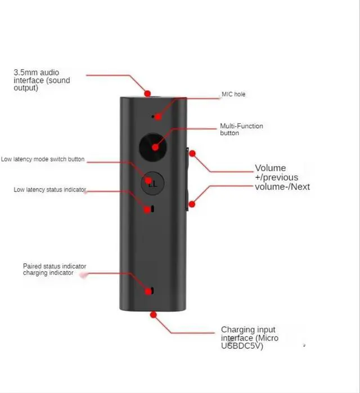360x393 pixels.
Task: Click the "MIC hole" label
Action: (233, 94)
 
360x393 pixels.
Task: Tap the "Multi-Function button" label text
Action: (241, 129)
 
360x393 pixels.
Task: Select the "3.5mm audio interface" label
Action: (36, 77)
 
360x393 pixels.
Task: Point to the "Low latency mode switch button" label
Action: (43, 159)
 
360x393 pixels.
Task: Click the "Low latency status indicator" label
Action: (49, 190)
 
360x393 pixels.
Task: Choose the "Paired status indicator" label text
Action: (55, 266)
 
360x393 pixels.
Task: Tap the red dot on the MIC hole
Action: (158, 117)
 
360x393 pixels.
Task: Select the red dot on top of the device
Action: (147, 93)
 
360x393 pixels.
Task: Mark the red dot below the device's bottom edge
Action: (153, 315)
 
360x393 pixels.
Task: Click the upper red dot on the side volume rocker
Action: (192, 153)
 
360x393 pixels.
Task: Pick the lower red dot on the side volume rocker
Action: (192, 204)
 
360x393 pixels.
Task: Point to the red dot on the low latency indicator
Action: (148, 209)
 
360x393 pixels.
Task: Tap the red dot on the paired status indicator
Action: (148, 291)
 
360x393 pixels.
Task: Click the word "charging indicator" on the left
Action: (48, 273)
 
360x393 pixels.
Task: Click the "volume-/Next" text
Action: (282, 187)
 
